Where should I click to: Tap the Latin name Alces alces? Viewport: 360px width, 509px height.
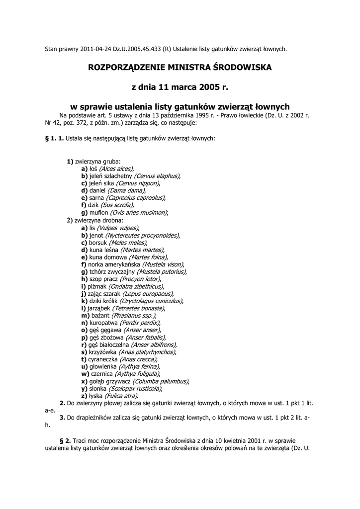pos(118,169)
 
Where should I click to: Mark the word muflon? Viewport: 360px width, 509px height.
pos(99,212)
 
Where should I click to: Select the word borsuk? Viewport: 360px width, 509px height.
pos(98,242)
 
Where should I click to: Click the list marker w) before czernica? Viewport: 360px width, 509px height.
pos(85,374)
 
